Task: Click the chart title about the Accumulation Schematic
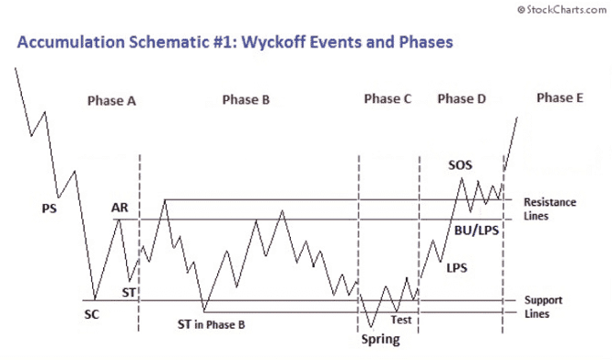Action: (233, 42)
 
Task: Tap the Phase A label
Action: (112, 101)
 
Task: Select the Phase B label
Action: (245, 100)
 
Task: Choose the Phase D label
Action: (462, 99)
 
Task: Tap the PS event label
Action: (48, 208)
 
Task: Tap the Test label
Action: (401, 320)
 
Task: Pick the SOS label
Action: (460, 165)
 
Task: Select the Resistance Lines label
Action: (549, 209)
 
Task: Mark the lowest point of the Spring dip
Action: (370, 328)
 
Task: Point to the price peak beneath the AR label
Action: (119, 220)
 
